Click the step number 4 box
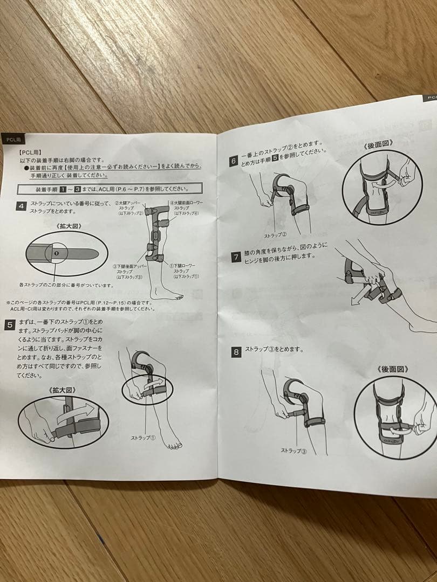click(x=21, y=207)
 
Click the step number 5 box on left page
click(x=10, y=324)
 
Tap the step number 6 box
click(x=234, y=160)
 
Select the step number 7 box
click(x=236, y=257)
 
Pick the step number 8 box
click(x=236, y=352)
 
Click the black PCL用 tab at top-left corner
click(x=13, y=139)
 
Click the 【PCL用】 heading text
click(x=30, y=153)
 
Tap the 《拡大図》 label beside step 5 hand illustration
click(x=60, y=390)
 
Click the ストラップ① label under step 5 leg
click(x=144, y=438)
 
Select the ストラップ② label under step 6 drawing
click(x=275, y=235)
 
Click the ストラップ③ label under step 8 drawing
click(x=293, y=450)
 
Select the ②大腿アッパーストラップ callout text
click(x=129, y=209)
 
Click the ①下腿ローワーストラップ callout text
click(x=184, y=271)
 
